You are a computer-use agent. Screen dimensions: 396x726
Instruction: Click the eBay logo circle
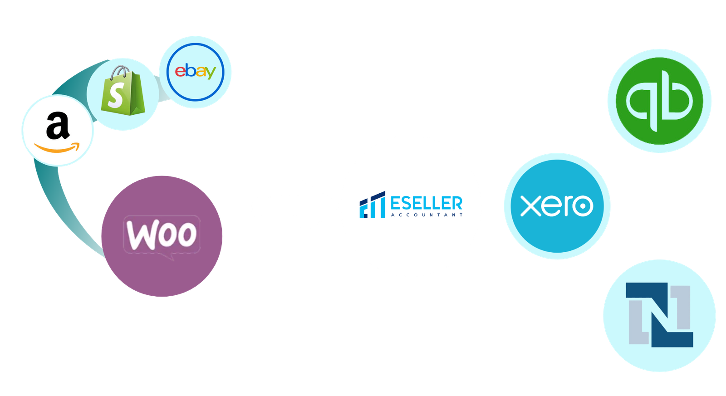tap(195, 72)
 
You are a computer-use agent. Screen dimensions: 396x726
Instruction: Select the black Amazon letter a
tap(58, 127)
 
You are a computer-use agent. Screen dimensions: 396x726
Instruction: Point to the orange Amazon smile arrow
tap(57, 148)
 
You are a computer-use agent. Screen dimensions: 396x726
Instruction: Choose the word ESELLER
tap(426, 203)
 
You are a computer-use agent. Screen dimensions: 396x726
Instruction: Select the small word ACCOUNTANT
tap(427, 215)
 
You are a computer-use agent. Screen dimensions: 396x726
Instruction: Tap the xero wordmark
tap(557, 206)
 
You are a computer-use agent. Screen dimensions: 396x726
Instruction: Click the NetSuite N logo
tap(659, 315)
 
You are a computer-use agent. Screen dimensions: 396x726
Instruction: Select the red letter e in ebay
tap(180, 72)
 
